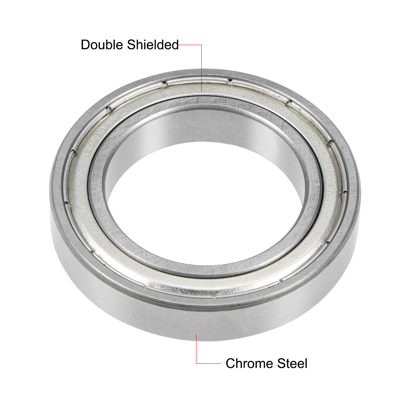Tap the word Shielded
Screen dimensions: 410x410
pos(153,45)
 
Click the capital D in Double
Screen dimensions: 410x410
pos(85,45)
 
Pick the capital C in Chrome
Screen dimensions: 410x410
pos(231,363)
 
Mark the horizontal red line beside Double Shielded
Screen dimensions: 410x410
pos(190,45)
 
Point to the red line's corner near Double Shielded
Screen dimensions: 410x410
pos(202,45)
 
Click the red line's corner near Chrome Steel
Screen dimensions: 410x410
pos(196,363)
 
